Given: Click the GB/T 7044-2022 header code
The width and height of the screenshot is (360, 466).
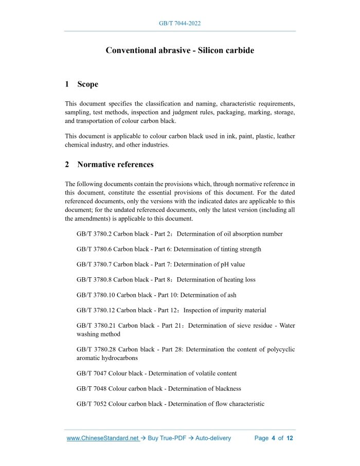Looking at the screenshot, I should (179, 24).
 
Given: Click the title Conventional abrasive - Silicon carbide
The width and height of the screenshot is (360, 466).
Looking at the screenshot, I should (179, 50).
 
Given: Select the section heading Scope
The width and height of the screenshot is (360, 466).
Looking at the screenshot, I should (87, 84).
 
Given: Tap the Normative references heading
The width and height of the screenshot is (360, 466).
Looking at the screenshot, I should (115, 165).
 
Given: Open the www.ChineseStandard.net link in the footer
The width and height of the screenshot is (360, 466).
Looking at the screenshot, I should (103, 438).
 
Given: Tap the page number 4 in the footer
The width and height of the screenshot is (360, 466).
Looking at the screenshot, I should (274, 438).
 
